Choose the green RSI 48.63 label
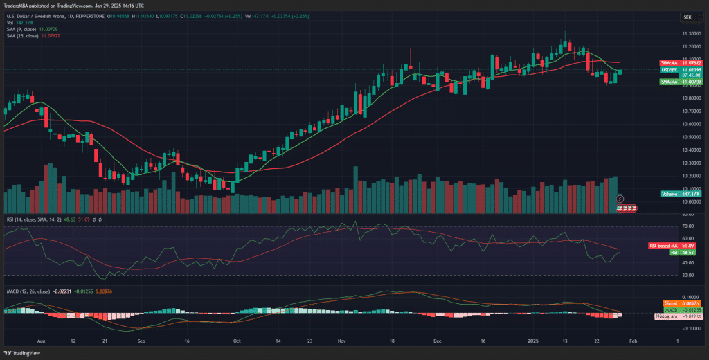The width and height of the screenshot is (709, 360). pos(682,253)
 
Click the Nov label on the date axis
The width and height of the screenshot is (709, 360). pos(341,341)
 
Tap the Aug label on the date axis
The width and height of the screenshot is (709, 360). pos(41,341)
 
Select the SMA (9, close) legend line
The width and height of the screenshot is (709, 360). pos(31,29)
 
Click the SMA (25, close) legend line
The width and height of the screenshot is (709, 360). pos(33,36)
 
